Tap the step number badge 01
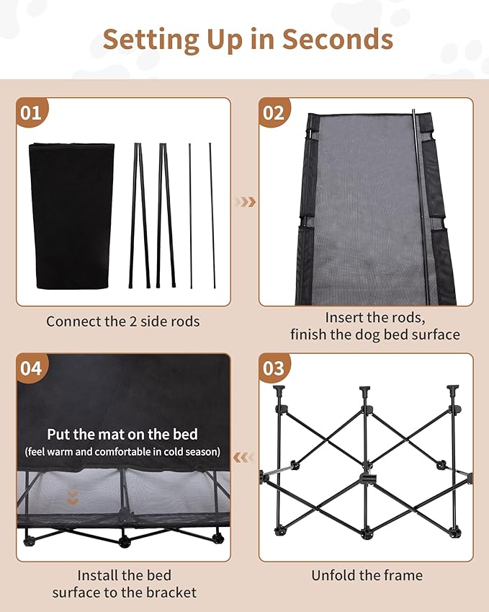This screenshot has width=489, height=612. coord(31,112)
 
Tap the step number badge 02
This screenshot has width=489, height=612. coord(274,112)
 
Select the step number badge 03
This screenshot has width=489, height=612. coord(274,368)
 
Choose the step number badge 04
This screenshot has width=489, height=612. coord(31,368)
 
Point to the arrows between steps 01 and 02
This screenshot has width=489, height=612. coord(246,202)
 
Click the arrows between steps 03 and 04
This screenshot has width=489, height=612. coord(246,456)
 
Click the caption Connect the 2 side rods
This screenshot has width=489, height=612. coord(122,321)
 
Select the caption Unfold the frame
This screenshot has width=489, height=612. coord(367,575)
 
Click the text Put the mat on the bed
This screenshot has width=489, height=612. coord(122,435)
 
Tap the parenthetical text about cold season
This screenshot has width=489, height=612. coord(122,452)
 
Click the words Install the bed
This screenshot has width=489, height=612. coord(124,575)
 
